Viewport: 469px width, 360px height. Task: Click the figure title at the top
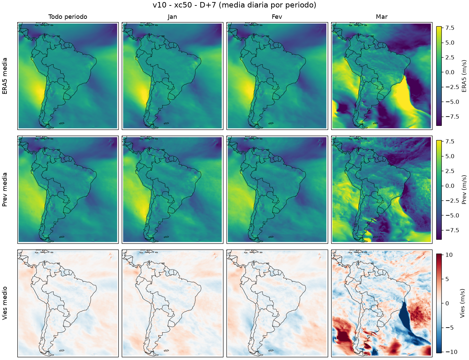[234, 5]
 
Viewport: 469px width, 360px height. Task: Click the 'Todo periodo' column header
[68, 17]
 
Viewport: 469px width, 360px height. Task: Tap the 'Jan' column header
[172, 17]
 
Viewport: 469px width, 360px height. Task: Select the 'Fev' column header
[277, 17]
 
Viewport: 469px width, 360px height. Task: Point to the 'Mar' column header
[382, 17]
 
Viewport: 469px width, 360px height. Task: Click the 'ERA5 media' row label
[5, 76]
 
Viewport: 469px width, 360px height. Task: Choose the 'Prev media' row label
[5, 190]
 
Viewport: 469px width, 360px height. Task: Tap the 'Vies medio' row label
[5, 303]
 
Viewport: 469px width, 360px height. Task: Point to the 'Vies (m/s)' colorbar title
[462, 303]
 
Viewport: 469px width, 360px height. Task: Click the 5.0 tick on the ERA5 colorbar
[450, 43]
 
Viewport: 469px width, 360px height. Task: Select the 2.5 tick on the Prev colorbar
[450, 171]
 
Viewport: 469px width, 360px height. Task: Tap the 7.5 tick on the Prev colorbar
[450, 141]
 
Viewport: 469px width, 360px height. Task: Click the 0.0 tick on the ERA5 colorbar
[450, 72]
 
